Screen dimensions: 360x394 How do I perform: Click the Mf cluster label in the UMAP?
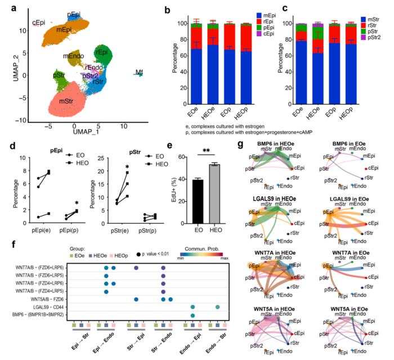[138, 72]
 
